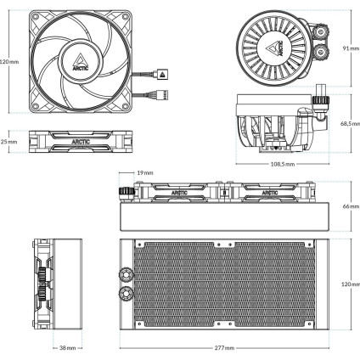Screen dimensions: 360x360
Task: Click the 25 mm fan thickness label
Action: pos(8,142)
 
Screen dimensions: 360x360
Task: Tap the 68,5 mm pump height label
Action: pos(349,123)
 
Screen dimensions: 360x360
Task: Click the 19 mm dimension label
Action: pos(144,172)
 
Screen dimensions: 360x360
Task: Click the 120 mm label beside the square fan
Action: pos(8,62)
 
